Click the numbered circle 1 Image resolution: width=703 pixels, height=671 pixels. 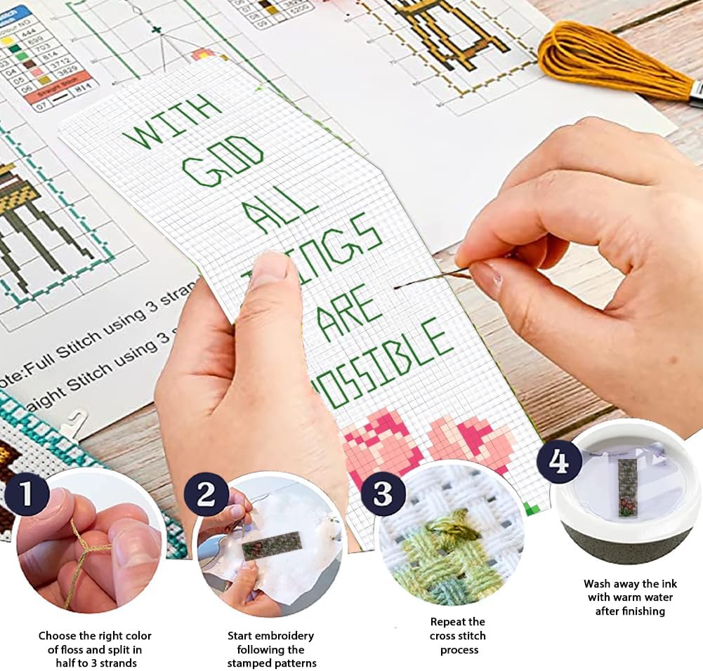pos(27,493)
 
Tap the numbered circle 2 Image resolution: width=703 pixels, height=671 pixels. pos(206,495)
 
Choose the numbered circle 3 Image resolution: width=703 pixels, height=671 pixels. pos(383,494)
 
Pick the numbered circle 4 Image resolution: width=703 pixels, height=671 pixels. pos(559,462)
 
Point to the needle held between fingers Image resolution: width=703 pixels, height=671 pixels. pos(428,279)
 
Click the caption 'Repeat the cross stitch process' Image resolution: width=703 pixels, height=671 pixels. pos(457,635)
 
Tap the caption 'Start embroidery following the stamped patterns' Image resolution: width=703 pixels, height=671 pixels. pos(270,649)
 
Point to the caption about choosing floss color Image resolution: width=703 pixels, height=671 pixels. pos(95,649)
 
